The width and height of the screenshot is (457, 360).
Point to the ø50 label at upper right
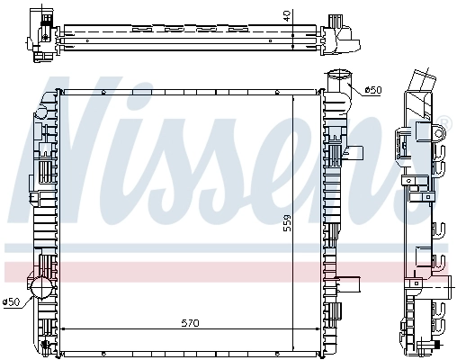click(373, 91)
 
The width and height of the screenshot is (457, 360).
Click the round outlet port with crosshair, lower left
click(40, 287)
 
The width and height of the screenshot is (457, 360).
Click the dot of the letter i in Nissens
click(176, 87)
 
